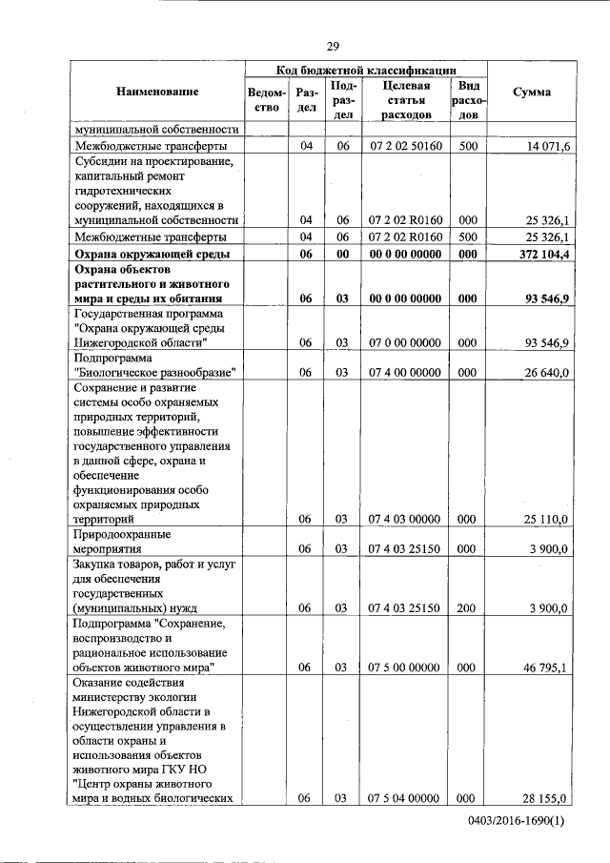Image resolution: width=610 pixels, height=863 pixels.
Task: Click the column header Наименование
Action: [x=157, y=92]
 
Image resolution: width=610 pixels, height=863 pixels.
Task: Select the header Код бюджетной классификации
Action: [x=366, y=70]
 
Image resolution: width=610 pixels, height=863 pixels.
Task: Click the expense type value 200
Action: [x=467, y=607]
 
